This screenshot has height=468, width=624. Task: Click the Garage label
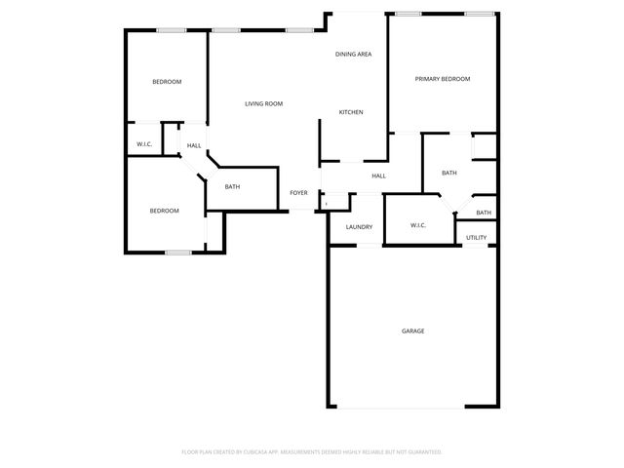(412, 331)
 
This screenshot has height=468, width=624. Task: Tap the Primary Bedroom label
(443, 79)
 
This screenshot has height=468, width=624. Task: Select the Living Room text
(263, 103)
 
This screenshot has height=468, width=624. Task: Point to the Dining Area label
(354, 54)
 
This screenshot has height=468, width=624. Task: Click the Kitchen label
(351, 112)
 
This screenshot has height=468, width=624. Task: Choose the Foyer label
(299, 192)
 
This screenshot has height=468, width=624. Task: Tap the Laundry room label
(360, 227)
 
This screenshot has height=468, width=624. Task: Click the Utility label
(476, 237)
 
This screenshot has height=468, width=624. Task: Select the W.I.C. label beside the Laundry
(417, 225)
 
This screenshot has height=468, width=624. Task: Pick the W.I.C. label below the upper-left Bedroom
(144, 144)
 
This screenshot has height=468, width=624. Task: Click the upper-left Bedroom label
(167, 82)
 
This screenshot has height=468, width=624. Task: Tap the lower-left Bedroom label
(164, 211)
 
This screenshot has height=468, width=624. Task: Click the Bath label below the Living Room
(232, 186)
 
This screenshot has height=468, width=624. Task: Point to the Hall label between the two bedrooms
(194, 146)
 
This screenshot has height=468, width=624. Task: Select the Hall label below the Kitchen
(378, 175)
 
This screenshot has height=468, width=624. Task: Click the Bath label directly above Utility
(484, 213)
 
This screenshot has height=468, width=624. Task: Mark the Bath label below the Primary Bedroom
(448, 173)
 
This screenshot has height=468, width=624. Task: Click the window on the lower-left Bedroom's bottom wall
(176, 253)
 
